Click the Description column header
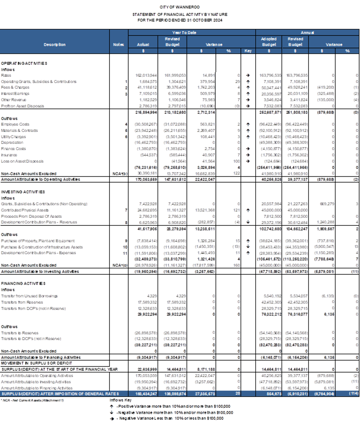(55, 44)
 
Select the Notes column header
(118, 44)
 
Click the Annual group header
(308, 32)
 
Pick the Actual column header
(143, 44)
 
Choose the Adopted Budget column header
(269, 42)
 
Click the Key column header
(248, 51)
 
